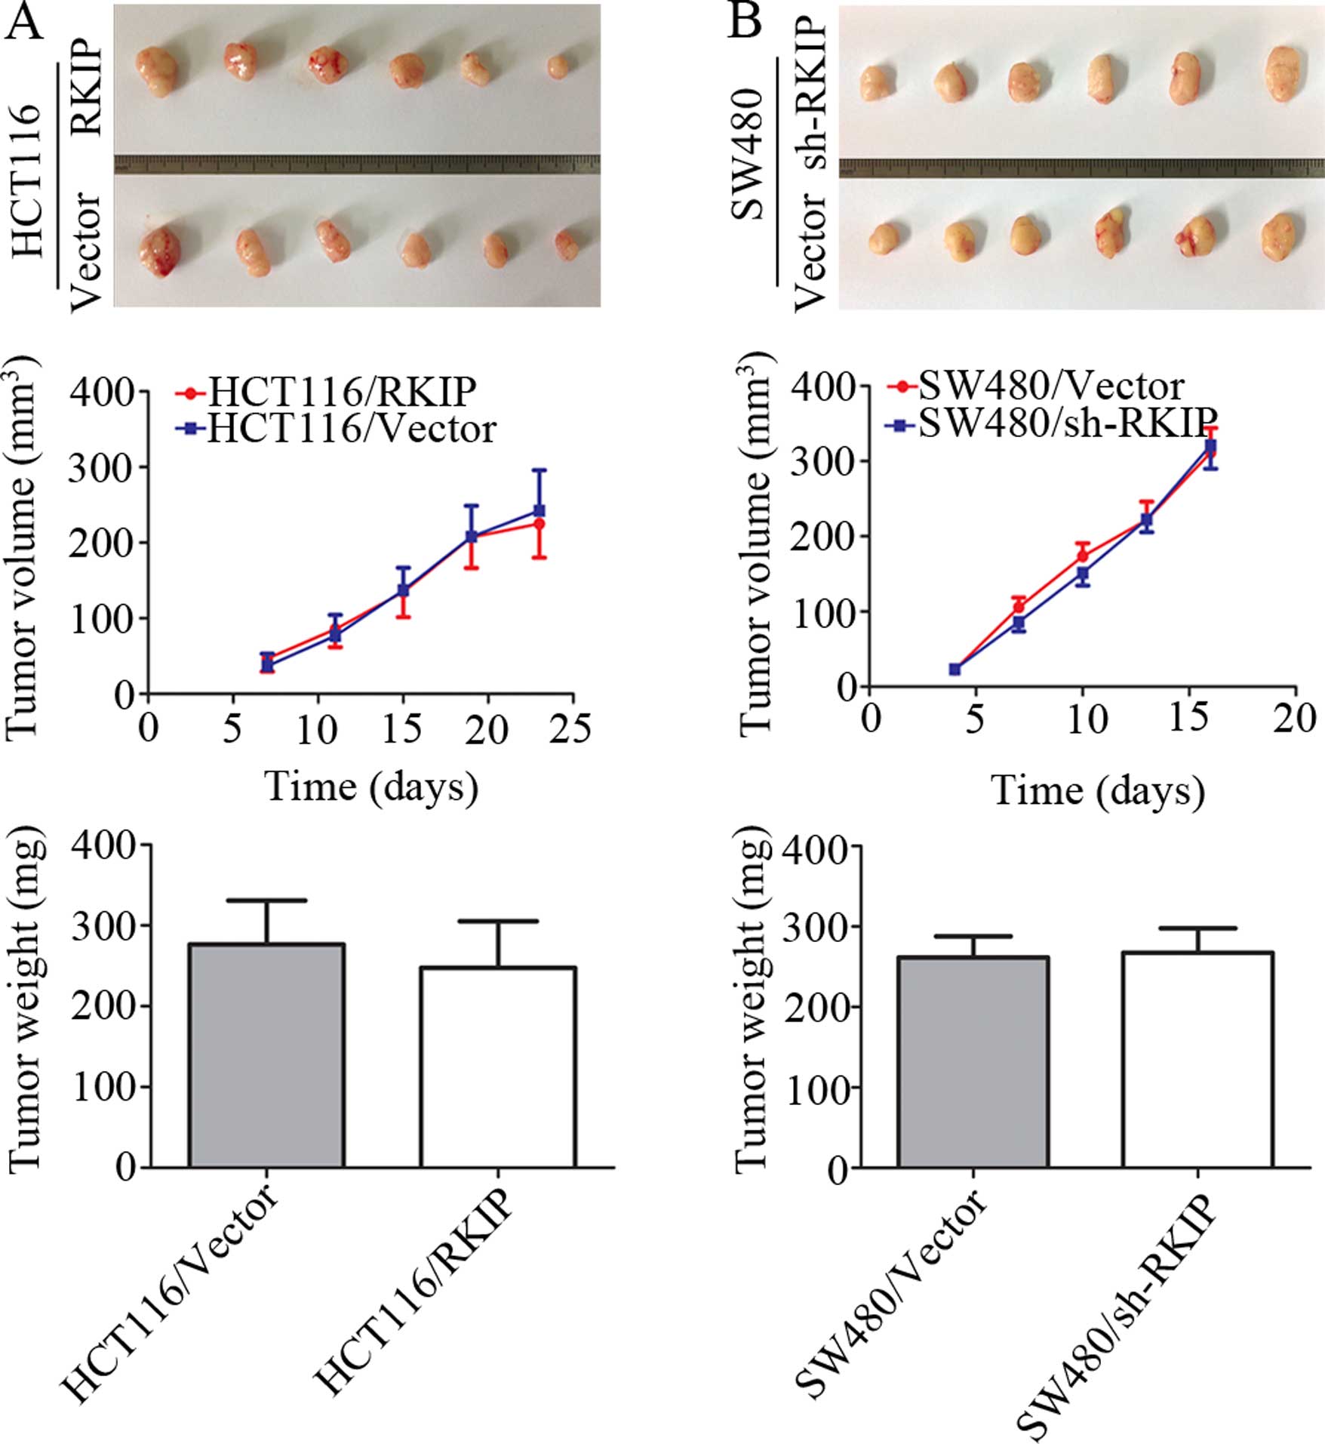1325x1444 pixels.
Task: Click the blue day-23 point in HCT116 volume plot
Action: [539, 511]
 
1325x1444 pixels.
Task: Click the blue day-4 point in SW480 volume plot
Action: [955, 669]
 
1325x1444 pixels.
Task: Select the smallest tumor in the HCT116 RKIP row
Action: [557, 66]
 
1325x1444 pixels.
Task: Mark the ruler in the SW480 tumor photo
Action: [1081, 168]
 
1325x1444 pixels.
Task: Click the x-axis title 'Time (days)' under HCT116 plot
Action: [371, 787]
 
